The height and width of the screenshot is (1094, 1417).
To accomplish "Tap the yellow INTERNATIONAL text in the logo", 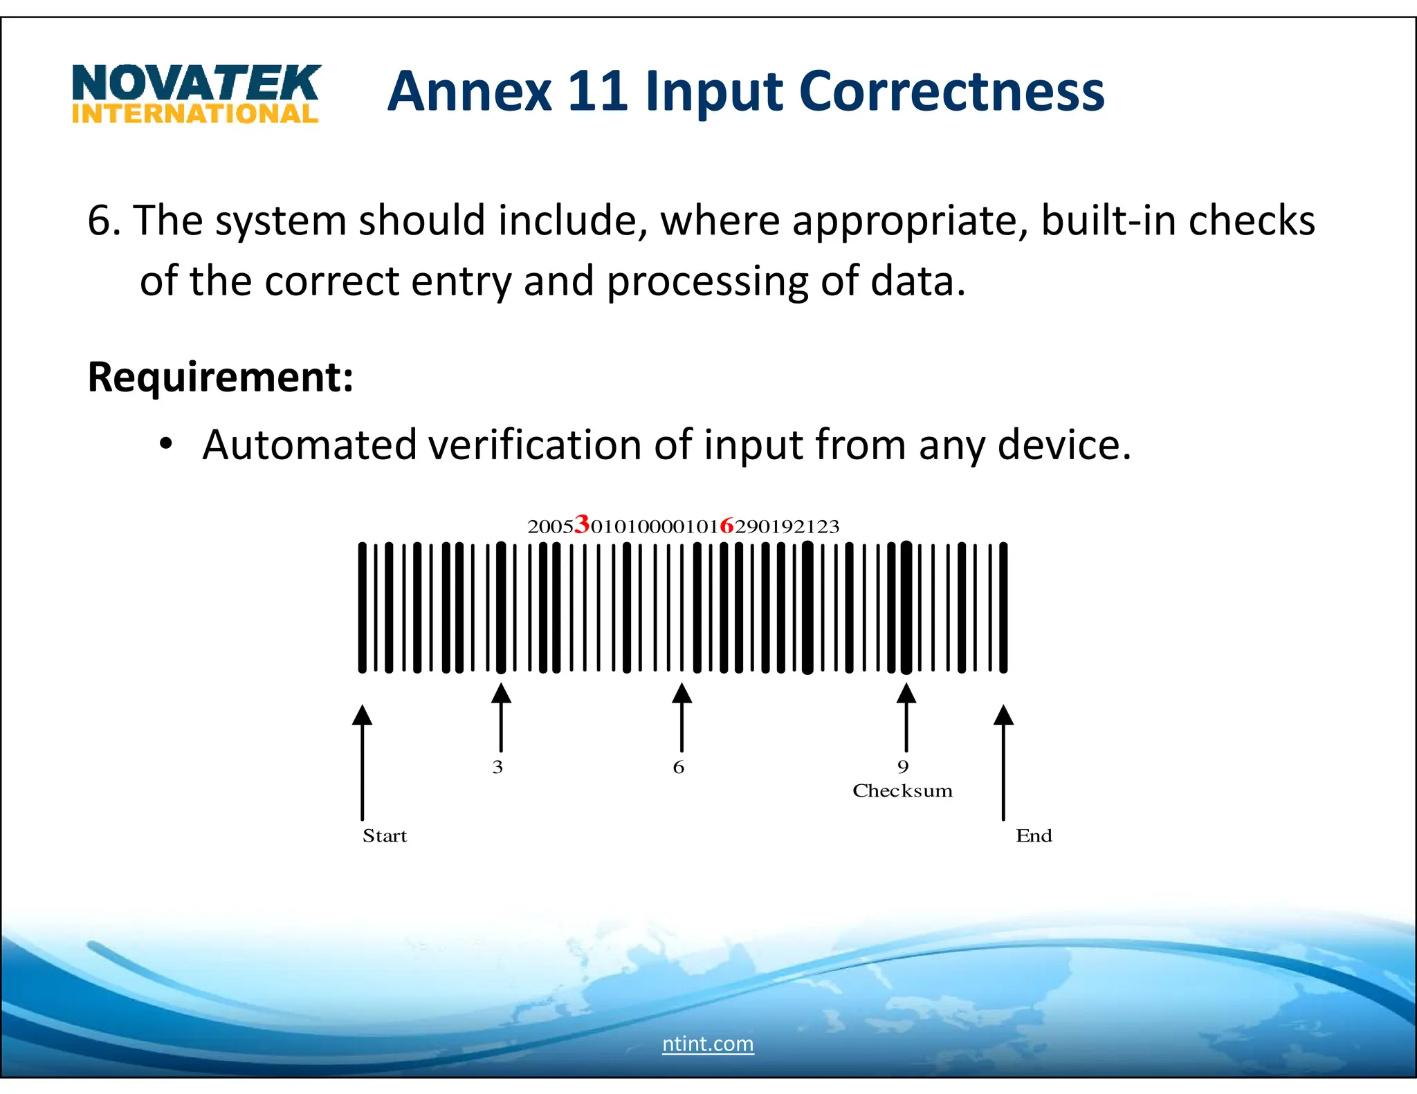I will click(x=195, y=114).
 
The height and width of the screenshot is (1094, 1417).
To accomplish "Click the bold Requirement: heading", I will click(x=220, y=378).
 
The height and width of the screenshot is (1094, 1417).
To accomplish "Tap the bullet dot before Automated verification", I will click(x=165, y=443).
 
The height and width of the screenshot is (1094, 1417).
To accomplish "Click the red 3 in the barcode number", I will click(x=582, y=524).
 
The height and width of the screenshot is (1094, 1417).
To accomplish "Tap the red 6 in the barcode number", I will click(x=726, y=526).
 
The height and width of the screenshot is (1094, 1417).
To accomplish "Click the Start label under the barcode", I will click(x=385, y=836).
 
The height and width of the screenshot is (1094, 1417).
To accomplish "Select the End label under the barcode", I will click(x=1034, y=836).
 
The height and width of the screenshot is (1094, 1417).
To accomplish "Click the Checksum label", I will click(x=902, y=791).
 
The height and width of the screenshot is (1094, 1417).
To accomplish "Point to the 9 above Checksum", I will click(x=903, y=767).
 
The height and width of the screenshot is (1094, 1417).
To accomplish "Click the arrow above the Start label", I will click(x=362, y=761).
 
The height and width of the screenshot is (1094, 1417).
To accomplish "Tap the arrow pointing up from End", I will click(x=1003, y=761).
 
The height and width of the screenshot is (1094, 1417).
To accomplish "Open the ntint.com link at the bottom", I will click(x=708, y=1044).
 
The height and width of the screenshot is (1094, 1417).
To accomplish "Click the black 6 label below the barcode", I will click(x=679, y=767).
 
